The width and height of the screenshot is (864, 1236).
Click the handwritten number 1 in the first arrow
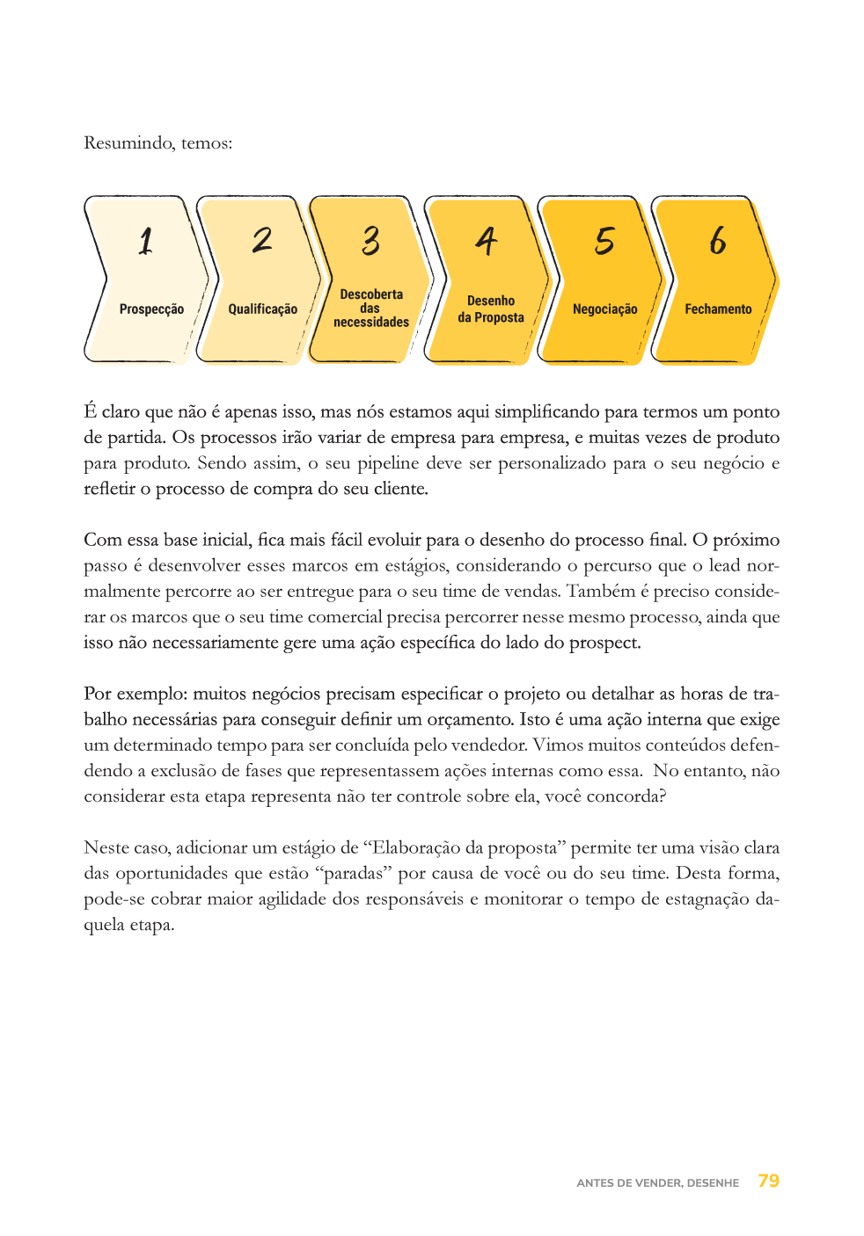146,241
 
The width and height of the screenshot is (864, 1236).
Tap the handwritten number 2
262,240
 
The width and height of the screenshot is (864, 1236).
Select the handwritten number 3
371,240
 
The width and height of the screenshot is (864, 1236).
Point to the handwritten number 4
487,240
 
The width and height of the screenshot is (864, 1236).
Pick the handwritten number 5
604,240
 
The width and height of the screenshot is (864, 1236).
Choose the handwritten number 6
718,240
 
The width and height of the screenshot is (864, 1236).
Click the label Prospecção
151,309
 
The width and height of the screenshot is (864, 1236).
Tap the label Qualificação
262,309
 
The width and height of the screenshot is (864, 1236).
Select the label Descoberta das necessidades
371,309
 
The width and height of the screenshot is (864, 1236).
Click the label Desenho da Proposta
491,309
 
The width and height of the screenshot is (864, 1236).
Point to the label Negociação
604,309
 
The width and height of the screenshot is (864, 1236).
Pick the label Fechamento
718,309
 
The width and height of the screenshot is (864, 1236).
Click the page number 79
769,1181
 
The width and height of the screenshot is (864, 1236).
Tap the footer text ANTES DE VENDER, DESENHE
657,1183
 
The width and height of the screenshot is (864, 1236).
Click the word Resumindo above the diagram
128,143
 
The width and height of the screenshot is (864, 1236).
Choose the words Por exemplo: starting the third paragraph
135,694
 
